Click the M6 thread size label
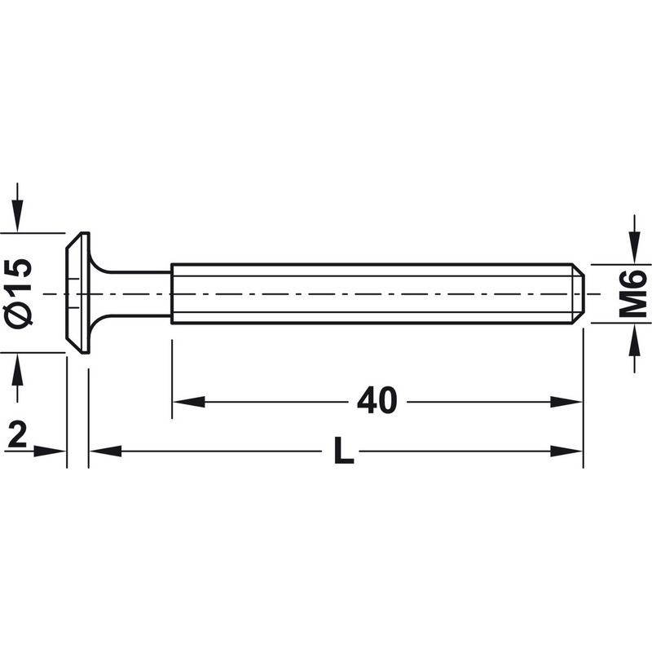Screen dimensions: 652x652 (x=633, y=293)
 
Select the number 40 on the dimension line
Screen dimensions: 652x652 (x=377, y=401)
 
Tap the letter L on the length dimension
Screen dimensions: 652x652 (x=344, y=451)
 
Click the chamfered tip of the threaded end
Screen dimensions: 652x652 (x=579, y=293)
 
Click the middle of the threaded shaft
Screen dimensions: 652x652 (x=375, y=293)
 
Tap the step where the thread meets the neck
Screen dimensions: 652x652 (x=172, y=293)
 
